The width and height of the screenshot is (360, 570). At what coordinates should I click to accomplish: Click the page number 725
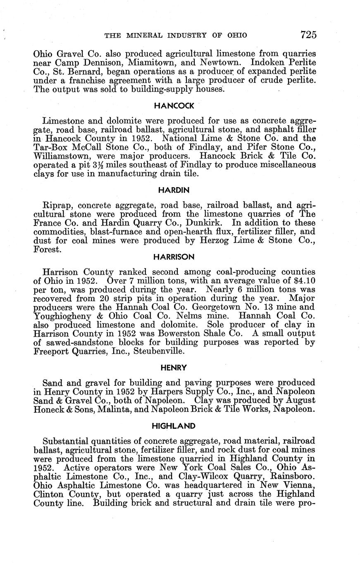tap(308, 35)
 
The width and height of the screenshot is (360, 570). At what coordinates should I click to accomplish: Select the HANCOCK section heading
tap(174, 106)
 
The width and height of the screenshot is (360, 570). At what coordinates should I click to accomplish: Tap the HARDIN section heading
tap(174, 190)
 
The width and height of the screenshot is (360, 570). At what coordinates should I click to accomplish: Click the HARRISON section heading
tap(174, 257)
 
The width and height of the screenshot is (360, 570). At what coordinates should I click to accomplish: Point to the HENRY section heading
tap(174, 367)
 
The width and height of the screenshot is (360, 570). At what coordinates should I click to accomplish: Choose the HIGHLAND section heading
tap(174, 425)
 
